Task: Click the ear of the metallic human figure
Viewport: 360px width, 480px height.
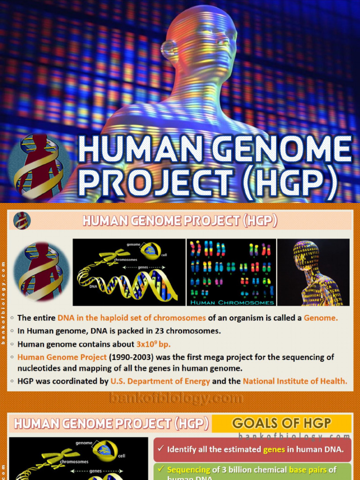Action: coord(167,48)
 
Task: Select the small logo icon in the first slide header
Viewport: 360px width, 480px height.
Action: coord(22,220)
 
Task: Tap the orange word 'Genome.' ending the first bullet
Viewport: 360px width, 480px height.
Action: coord(321,318)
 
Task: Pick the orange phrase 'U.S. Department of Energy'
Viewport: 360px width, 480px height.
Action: coord(160,381)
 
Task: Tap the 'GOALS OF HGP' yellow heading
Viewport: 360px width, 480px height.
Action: coord(281,423)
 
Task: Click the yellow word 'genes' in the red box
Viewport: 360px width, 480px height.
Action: coord(273,450)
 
